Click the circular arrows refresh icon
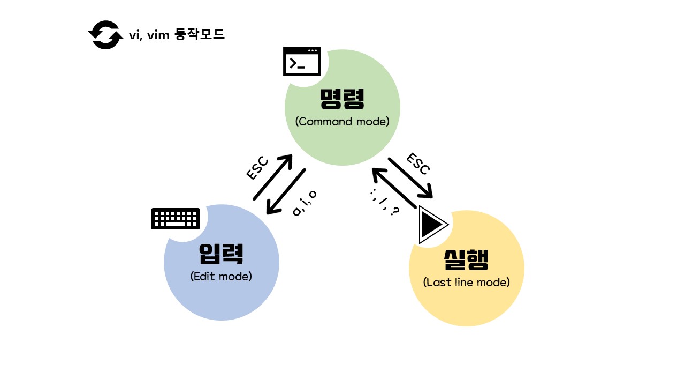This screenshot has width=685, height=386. coord(105,35)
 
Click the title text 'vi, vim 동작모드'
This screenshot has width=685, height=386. coord(177,35)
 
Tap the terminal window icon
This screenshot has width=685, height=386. coord(302,62)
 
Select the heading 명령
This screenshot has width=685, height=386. coord(342,98)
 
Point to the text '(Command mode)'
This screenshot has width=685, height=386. coord(342,122)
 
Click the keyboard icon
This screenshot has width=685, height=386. coord(176,219)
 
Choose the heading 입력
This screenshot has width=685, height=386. coord(221,254)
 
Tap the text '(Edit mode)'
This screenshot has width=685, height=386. coord(221,277)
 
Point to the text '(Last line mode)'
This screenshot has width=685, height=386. coord(466,282)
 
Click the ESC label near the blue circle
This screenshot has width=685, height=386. coord(257,168)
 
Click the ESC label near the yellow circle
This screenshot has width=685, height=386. coord(418,164)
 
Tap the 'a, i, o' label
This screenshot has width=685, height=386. coord(305,203)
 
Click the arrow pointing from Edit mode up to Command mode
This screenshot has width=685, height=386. coord(273,177)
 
